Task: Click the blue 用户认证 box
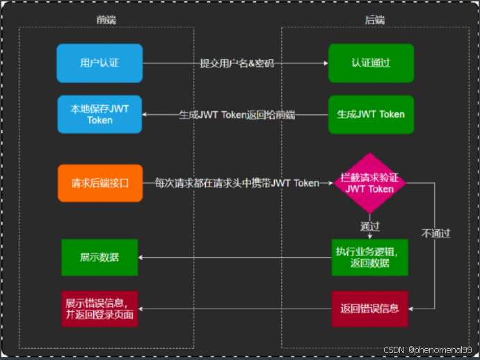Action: (x=99, y=63)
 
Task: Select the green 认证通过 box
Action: (x=371, y=63)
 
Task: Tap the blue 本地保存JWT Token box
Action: (x=99, y=114)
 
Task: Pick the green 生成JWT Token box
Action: (x=371, y=114)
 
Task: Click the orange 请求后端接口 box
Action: (x=99, y=184)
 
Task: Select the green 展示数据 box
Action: (x=99, y=258)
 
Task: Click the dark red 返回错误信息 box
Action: (x=370, y=308)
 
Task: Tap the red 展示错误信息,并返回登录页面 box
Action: (x=99, y=308)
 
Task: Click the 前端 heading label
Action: (x=106, y=20)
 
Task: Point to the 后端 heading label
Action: (x=375, y=20)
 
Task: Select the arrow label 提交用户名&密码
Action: (x=237, y=63)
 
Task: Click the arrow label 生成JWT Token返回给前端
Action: (x=237, y=115)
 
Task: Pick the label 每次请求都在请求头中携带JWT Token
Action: (x=237, y=184)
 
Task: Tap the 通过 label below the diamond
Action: (x=370, y=227)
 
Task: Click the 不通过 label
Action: (x=435, y=233)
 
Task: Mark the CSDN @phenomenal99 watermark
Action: (x=428, y=350)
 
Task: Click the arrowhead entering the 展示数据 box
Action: (x=142, y=258)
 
